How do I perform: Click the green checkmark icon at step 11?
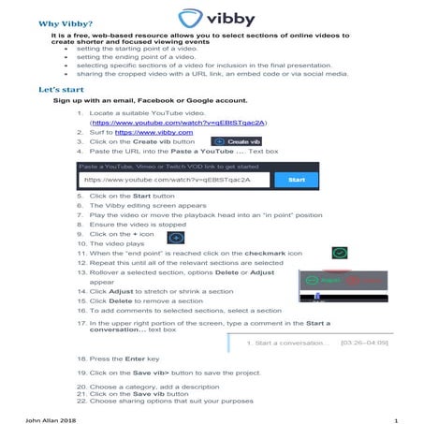[340, 253]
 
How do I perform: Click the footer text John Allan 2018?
[51, 417]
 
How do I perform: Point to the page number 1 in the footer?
[397, 417]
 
